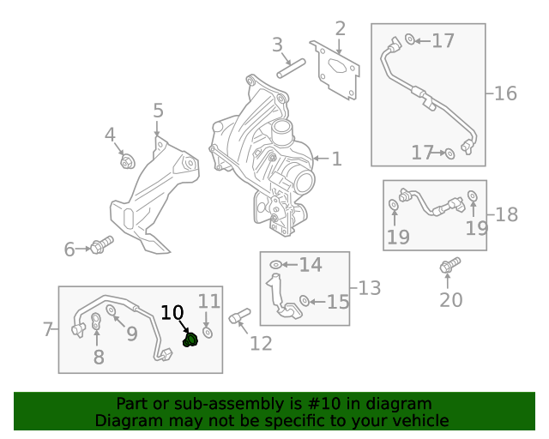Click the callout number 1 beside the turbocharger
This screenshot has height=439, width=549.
click(x=336, y=159)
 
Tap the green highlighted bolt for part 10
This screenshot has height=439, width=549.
click(x=191, y=340)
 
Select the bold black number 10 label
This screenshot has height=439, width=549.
click(x=172, y=313)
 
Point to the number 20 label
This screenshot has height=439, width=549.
click(x=450, y=299)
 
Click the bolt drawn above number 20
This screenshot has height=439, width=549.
click(x=449, y=266)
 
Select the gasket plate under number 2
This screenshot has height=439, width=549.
click(x=339, y=68)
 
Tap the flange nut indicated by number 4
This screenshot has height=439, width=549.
click(x=128, y=161)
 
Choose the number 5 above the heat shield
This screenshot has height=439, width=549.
click(x=158, y=110)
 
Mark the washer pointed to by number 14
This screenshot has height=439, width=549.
click(x=275, y=265)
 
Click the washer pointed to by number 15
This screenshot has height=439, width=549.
click(x=305, y=301)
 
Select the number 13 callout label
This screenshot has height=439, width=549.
click(x=369, y=288)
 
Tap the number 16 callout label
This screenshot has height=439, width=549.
click(x=505, y=93)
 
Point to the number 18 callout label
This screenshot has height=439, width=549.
click(x=506, y=214)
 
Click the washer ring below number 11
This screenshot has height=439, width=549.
click(x=207, y=332)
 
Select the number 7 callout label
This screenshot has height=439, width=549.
click(x=48, y=328)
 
